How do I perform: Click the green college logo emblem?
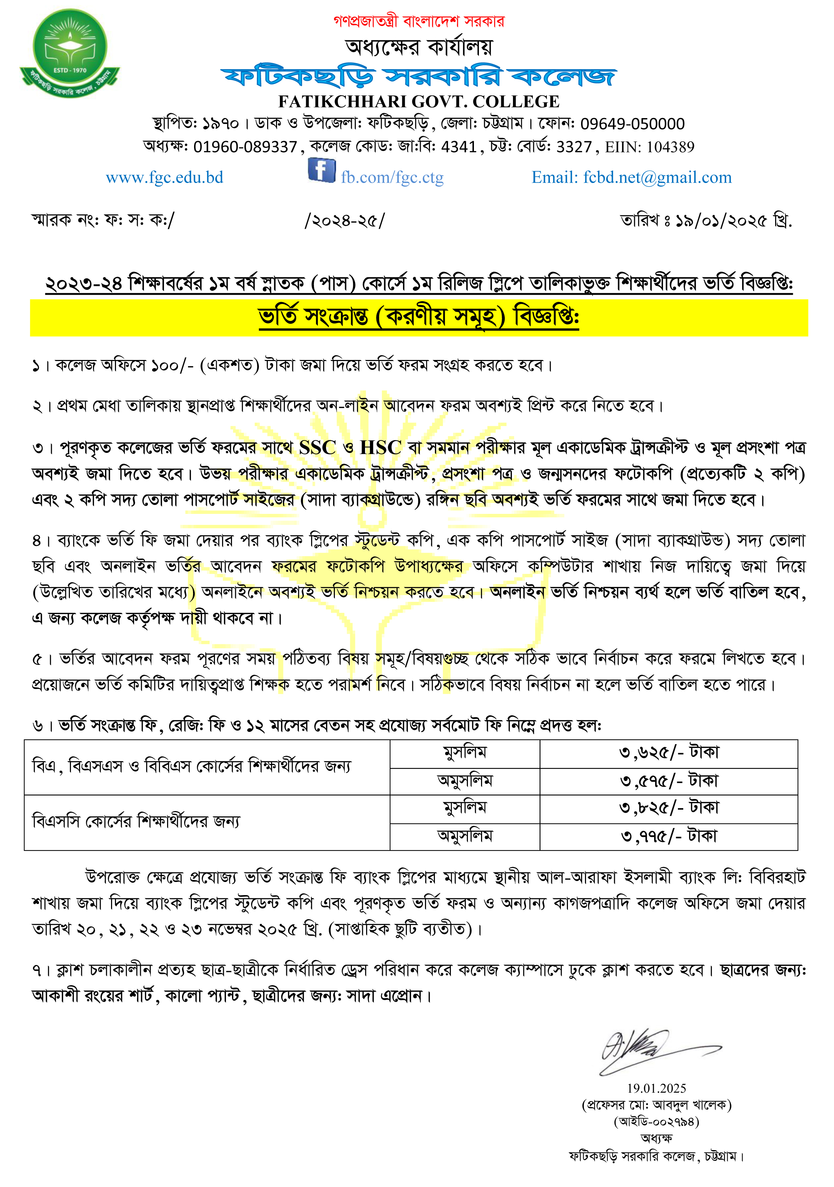tap(70, 52)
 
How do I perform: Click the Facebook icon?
tap(322, 170)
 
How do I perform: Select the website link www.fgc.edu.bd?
tap(164, 177)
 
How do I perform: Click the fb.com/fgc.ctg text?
tap(392, 177)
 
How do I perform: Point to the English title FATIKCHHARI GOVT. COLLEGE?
tap(419, 101)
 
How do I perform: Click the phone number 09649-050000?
tap(633, 124)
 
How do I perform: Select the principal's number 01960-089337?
tap(245, 147)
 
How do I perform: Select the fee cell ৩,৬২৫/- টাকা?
tap(669, 753)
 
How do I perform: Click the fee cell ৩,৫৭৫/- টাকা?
tap(669, 781)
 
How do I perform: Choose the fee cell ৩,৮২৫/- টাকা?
tap(669, 808)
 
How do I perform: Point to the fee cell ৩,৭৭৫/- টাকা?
tap(669, 836)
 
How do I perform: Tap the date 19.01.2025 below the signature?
tap(657, 1088)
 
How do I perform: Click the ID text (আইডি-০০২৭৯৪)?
tap(657, 1121)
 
